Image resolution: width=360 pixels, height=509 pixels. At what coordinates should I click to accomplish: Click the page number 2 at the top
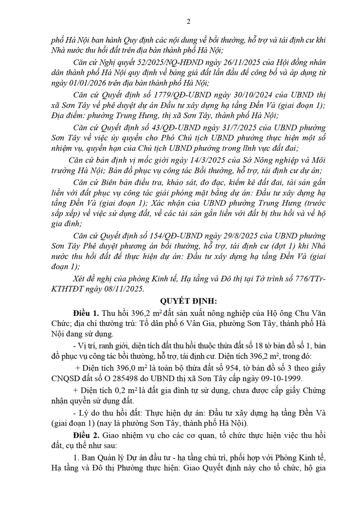pos(188,21)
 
